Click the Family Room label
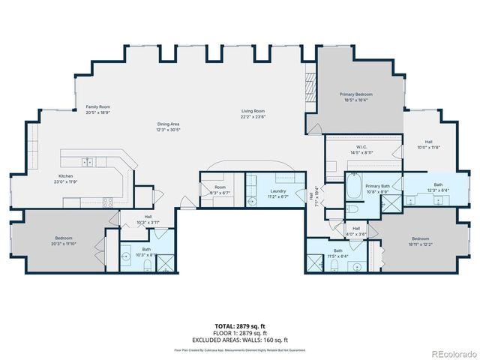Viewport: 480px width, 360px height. [x=97, y=107]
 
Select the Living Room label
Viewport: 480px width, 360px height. [x=253, y=112]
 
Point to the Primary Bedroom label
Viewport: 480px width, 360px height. [x=358, y=94]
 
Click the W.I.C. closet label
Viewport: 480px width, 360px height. [x=360, y=147]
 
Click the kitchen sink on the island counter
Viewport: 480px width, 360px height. [x=88, y=160]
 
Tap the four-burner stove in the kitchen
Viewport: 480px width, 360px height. [x=106, y=201]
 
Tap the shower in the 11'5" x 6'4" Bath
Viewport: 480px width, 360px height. [x=313, y=265]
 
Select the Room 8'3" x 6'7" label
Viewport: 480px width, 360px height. [x=220, y=188]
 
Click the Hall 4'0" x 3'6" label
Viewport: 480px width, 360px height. [x=356, y=229]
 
